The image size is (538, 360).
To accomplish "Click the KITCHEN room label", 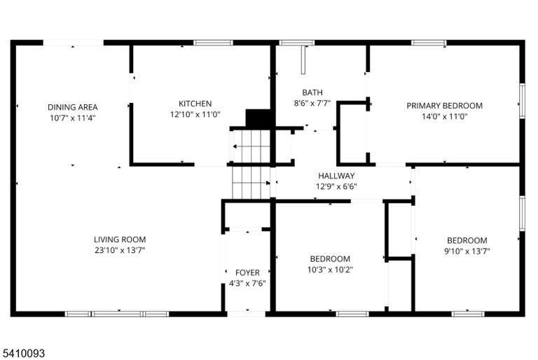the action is pyautogui.click(x=195, y=104).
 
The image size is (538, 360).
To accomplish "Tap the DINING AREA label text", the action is pyautogui.click(x=73, y=107).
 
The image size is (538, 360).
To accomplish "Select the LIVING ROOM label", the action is pyautogui.click(x=120, y=240).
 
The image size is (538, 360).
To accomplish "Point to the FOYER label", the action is pyautogui.click(x=247, y=273).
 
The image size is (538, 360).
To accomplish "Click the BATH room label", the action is pyautogui.click(x=312, y=92).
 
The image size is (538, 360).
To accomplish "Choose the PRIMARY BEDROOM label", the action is pyautogui.click(x=444, y=106).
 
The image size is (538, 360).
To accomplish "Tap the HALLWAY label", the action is pyautogui.click(x=336, y=176).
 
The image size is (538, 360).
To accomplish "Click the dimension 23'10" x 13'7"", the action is pyautogui.click(x=120, y=250).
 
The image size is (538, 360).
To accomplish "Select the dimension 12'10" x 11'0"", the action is pyautogui.click(x=195, y=114).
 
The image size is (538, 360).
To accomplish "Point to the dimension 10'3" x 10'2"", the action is pyautogui.click(x=330, y=270).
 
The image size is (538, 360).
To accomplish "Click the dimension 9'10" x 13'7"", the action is pyautogui.click(x=467, y=251).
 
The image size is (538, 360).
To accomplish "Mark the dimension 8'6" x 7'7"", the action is pyautogui.click(x=312, y=103).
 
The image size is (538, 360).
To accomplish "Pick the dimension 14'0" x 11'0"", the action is pyautogui.click(x=444, y=116).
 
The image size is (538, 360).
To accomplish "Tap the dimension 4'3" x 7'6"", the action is pyautogui.click(x=247, y=284).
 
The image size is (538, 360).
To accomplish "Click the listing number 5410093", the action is pyautogui.click(x=24, y=353).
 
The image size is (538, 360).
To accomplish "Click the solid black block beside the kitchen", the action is pyautogui.click(x=258, y=118).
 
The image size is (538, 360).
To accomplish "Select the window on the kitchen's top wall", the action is pyautogui.click(x=213, y=43).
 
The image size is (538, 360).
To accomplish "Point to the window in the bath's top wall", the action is pyautogui.click(x=297, y=43).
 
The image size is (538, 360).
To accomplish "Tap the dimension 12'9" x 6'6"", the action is pyautogui.click(x=336, y=187).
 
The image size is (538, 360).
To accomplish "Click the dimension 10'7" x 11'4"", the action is pyautogui.click(x=73, y=118).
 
